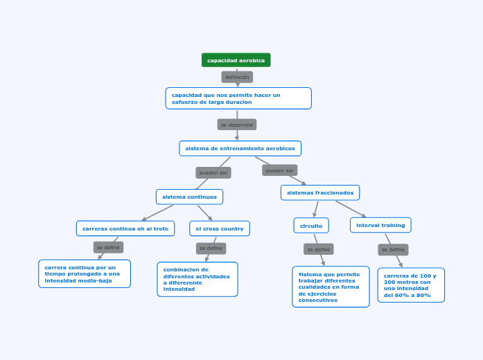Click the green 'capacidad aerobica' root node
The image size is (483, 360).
click(x=236, y=60)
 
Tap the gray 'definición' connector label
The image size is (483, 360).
click(x=237, y=78)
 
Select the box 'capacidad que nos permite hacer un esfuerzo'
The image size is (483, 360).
click(x=238, y=98)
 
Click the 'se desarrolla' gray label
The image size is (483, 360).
click(x=237, y=125)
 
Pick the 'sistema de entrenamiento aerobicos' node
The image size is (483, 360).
click(x=240, y=148)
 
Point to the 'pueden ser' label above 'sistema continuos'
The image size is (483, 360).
click(x=213, y=172)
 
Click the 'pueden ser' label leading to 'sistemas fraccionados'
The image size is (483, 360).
click(x=280, y=170)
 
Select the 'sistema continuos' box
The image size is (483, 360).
click(x=189, y=197)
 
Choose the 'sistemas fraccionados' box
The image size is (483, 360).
click(x=320, y=192)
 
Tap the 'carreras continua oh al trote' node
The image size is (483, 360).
click(x=125, y=228)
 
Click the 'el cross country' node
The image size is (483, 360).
click(x=220, y=228)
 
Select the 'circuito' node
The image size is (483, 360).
click(x=311, y=226)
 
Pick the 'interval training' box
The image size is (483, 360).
click(x=380, y=225)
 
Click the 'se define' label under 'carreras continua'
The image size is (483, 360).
click(x=108, y=247)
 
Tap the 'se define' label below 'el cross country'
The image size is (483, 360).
click(x=211, y=248)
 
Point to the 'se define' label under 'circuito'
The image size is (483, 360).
click(x=319, y=249)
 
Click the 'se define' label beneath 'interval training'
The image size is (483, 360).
click(x=393, y=249)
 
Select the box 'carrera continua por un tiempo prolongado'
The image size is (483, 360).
click(x=85, y=273)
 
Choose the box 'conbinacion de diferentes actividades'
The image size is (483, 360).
click(x=197, y=279)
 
